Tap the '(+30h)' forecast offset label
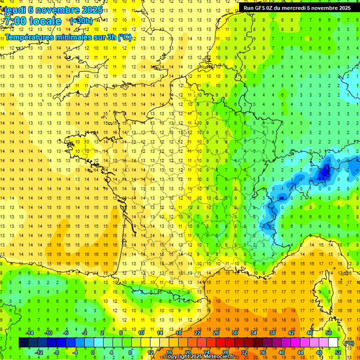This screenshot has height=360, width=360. [x=81, y=21]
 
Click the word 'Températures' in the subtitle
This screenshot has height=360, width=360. [x=29, y=37]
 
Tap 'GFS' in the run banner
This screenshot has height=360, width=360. [x=259, y=8]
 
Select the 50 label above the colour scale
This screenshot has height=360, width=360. [x=329, y=333]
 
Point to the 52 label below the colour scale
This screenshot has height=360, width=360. [x=338, y=352]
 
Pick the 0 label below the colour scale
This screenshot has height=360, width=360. [x=93, y=352]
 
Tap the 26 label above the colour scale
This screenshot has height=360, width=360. [x=216, y=333]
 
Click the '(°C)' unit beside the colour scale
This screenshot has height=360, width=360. [x=349, y=343]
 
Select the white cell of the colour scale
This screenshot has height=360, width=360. [x=333, y=343]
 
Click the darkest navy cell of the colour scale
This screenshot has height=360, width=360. [x=23, y=343]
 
